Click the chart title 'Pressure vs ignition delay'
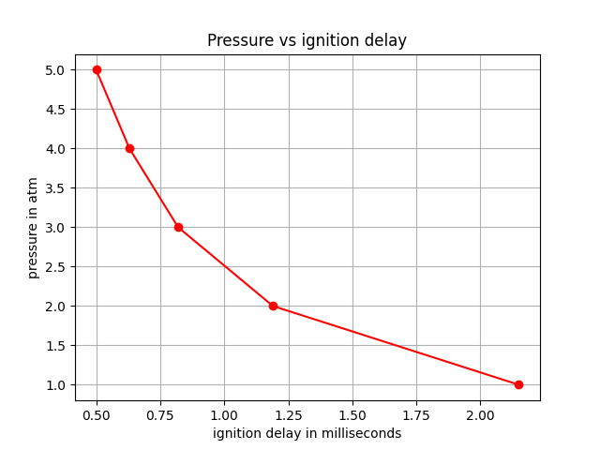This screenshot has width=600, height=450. tap(307, 40)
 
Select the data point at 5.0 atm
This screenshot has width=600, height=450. tap(97, 69)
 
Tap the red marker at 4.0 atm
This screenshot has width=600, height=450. tap(129, 148)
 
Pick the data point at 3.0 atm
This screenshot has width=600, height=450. tap(178, 227)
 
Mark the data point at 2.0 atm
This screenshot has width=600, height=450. tap(273, 306)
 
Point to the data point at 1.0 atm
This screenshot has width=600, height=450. tap(518, 384)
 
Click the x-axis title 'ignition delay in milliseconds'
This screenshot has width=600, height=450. tap(307, 433)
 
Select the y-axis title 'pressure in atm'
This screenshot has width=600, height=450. tap(33, 228)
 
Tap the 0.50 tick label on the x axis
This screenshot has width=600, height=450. tap(97, 414)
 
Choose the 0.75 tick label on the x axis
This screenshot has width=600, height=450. tap(160, 414)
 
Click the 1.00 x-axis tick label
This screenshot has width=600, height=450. tap(224, 414)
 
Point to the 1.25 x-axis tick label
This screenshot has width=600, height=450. tap(289, 414)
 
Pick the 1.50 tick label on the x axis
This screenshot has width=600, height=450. tap(352, 414)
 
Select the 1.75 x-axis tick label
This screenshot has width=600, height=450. tap(416, 414)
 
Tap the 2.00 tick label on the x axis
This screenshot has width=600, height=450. tap(480, 414)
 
